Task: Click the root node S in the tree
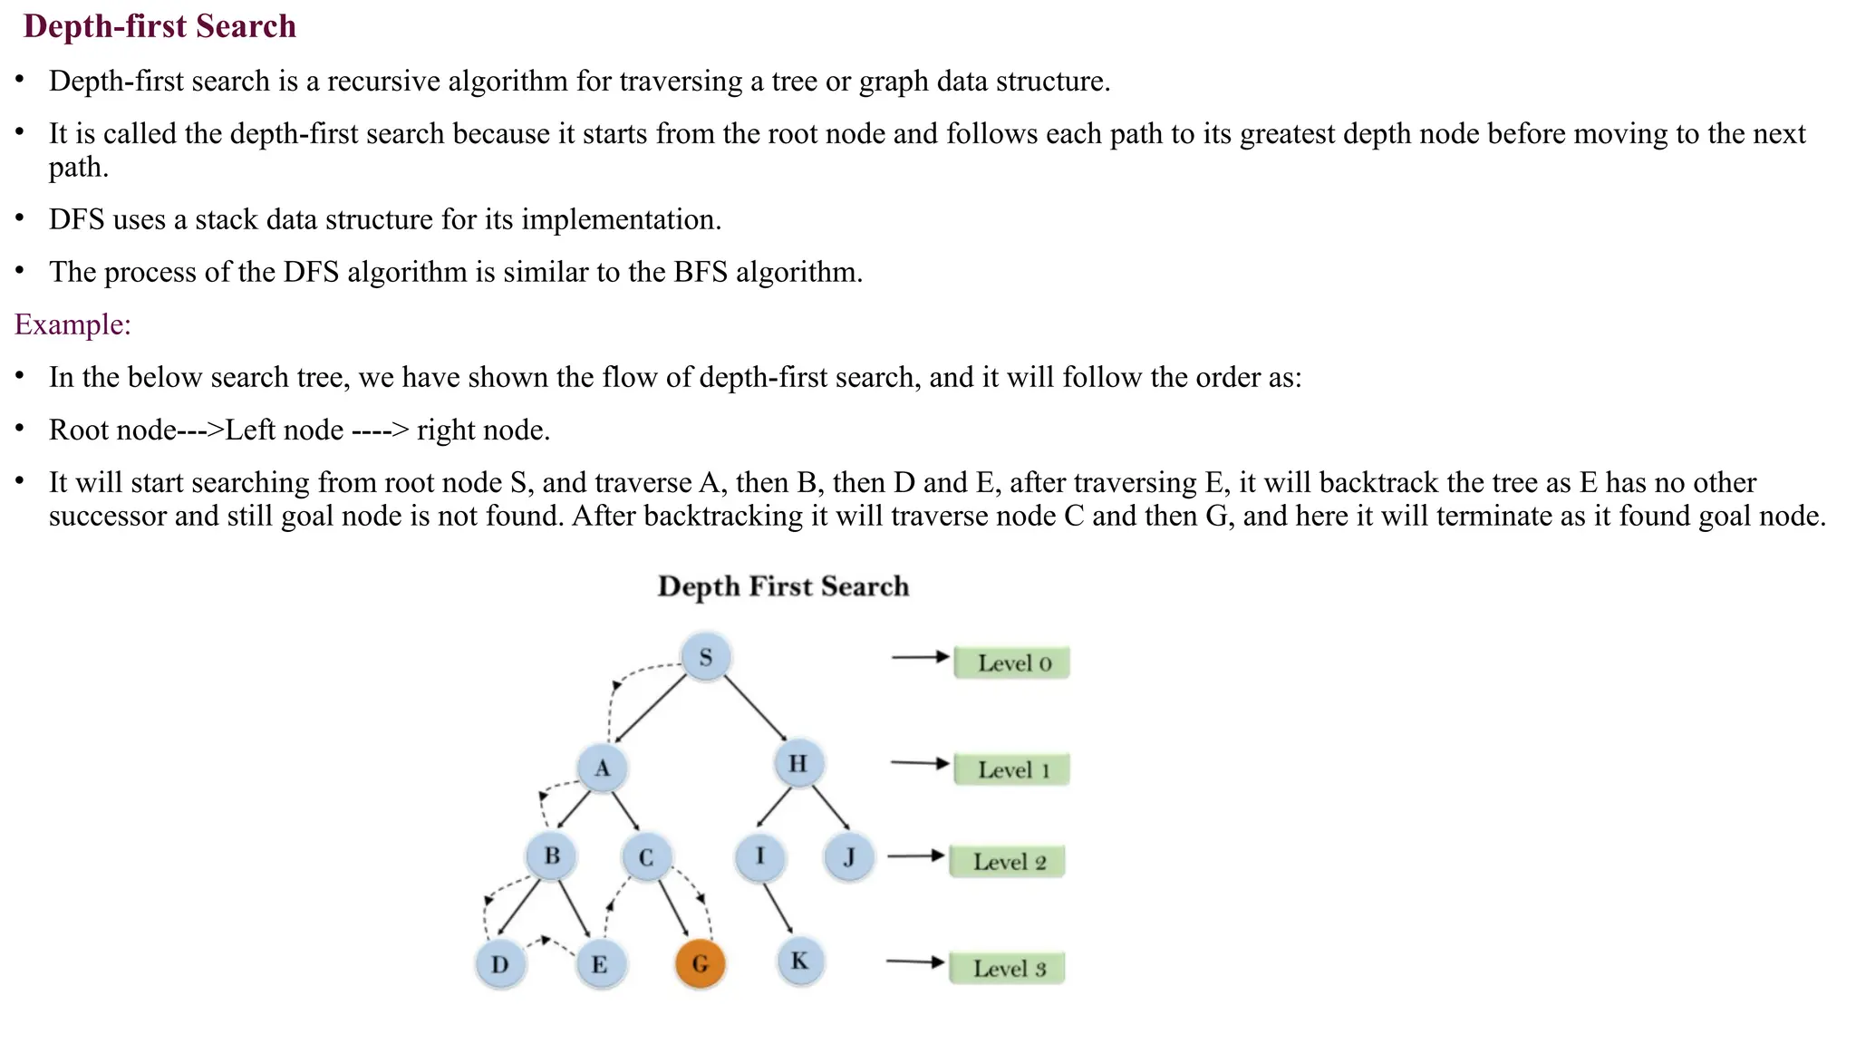click(x=706, y=657)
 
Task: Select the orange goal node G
click(x=700, y=962)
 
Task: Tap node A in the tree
click(x=603, y=768)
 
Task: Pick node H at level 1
click(x=798, y=763)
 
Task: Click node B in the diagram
click(x=552, y=855)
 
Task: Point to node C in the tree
click(x=646, y=857)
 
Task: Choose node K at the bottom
click(x=799, y=961)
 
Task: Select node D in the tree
click(x=500, y=963)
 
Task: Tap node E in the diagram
click(x=600, y=963)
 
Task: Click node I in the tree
click(x=759, y=856)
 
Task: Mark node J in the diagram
click(x=849, y=856)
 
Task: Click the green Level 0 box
click(x=1012, y=662)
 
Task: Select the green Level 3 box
click(x=1008, y=968)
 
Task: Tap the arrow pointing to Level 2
click(x=915, y=855)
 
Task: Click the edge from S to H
click(x=754, y=708)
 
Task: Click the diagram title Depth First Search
click(x=783, y=586)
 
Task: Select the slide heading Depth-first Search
click(x=159, y=26)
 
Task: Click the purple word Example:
click(x=72, y=324)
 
